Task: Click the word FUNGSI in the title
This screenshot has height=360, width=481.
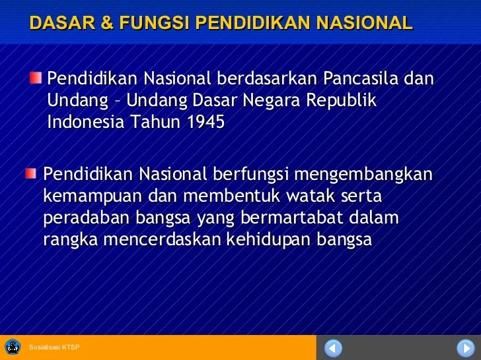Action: [154, 24]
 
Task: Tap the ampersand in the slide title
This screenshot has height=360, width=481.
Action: [107, 24]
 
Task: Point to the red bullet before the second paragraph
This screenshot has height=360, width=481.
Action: [32, 173]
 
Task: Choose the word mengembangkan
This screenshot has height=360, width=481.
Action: [363, 175]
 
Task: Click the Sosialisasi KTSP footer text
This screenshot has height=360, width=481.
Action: [54, 347]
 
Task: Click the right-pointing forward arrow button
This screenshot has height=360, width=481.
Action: [466, 347]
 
